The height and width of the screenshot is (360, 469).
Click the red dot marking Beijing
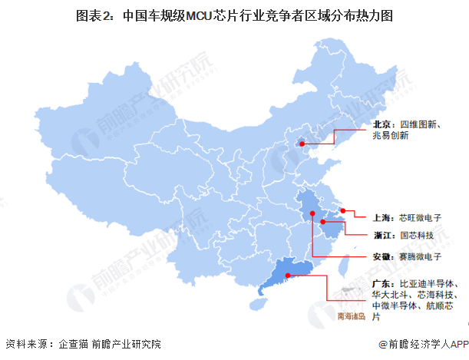point(302,143)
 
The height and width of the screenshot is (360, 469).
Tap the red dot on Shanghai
point(344,210)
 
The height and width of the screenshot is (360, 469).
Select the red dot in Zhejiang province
point(325,221)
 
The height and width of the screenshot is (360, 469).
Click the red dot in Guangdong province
point(288,276)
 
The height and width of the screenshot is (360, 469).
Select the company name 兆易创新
point(391,135)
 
